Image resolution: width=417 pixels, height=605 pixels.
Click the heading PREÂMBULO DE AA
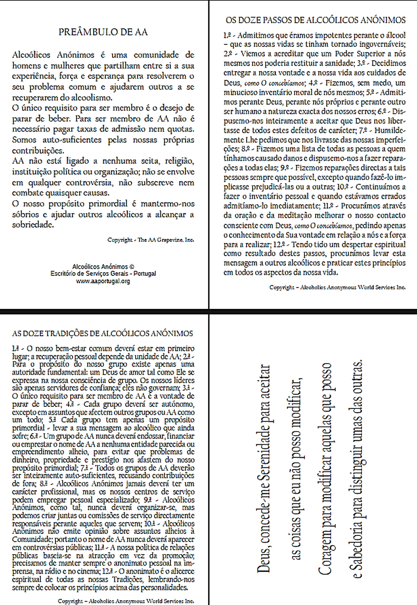[x=103, y=32]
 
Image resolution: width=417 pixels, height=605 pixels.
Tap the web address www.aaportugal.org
[x=103, y=281]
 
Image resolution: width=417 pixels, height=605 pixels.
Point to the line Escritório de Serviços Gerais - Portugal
[x=103, y=273]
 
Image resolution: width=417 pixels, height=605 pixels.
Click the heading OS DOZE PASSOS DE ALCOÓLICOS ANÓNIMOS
[x=315, y=21]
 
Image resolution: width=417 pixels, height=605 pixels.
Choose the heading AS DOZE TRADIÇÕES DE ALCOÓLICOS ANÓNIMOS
[x=102, y=333]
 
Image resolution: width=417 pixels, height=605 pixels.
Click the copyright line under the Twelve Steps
[x=337, y=287]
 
